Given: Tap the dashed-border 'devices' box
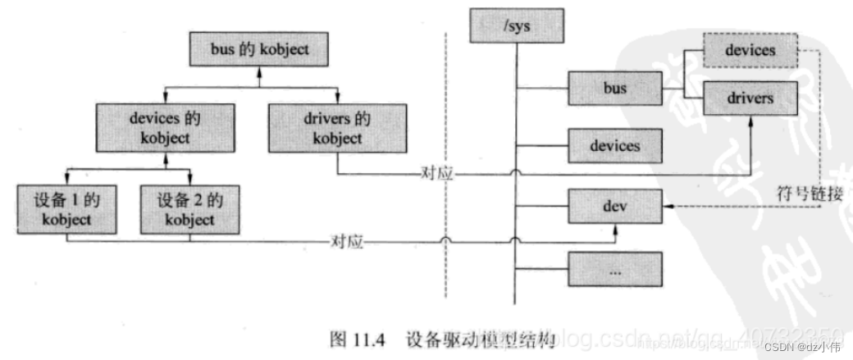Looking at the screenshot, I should [750, 51].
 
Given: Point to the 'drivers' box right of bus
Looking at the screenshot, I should [750, 98].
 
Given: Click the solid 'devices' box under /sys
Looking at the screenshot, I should [614, 146].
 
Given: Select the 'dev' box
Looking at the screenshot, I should [614, 205].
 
